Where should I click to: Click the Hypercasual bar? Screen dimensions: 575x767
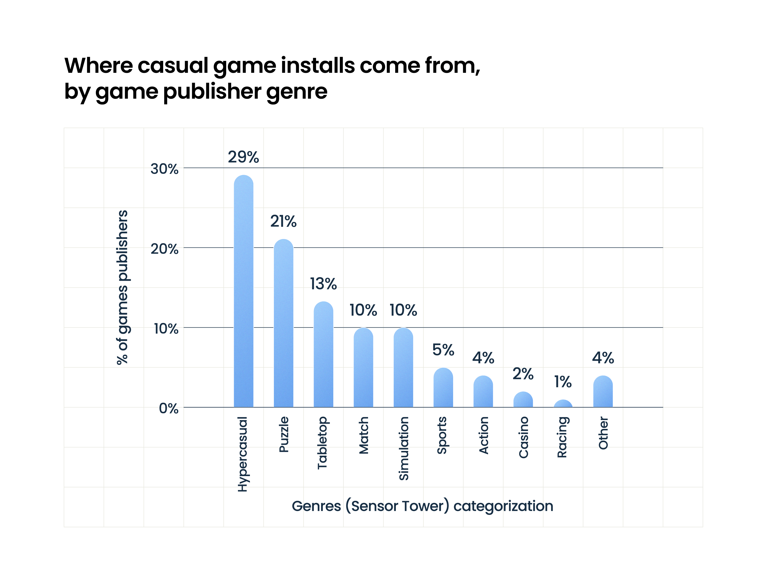243,291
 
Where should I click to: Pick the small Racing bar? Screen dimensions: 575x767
563,404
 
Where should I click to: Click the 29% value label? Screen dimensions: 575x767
243,157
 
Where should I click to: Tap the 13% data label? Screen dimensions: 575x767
323,284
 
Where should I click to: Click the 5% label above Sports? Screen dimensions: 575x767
443,350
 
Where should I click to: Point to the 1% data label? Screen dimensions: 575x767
563,381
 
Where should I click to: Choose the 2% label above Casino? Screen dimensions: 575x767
523,374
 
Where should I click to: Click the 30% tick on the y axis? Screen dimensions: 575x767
164,169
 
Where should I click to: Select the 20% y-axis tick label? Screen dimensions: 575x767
164,249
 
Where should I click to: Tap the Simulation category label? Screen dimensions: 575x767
404,448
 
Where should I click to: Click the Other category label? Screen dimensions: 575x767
603,433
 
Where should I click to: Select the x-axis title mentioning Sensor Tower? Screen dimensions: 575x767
422,506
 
